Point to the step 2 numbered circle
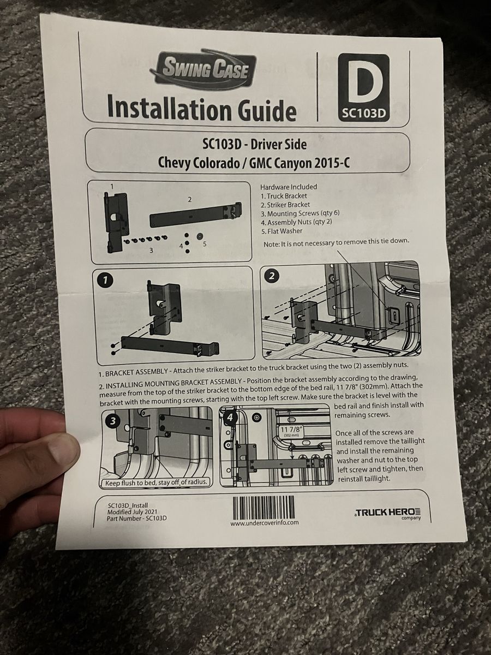(x=272, y=276)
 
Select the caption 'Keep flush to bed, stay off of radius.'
(x=156, y=483)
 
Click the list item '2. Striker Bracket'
(x=285, y=205)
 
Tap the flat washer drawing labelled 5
(x=200, y=236)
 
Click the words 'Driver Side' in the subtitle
(x=278, y=145)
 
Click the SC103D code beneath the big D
(x=364, y=114)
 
